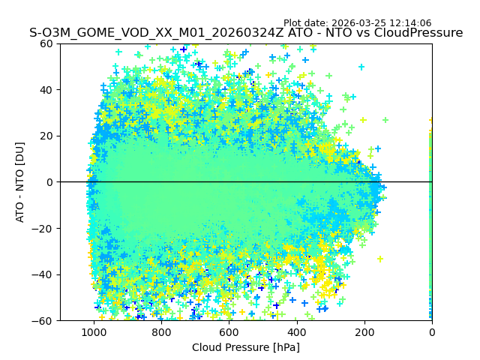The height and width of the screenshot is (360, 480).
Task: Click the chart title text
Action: click(246, 33)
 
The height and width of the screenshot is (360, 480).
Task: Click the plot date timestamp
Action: click(357, 23)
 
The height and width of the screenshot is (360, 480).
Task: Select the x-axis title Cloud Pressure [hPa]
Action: click(246, 347)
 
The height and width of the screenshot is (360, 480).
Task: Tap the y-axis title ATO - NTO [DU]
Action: click(20, 182)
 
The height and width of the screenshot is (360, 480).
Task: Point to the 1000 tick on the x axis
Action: click(94, 332)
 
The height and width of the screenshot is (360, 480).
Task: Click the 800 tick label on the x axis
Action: click(161, 332)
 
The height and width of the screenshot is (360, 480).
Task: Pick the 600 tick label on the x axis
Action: click(229, 332)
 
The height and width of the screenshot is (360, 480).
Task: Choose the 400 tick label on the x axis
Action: click(296, 332)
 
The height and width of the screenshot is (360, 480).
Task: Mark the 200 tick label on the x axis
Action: click(364, 332)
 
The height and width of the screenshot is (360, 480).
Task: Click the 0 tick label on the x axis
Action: click(431, 332)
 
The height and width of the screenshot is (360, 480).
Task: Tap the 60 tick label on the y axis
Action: click(46, 43)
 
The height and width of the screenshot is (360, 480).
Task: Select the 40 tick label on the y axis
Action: click(46, 89)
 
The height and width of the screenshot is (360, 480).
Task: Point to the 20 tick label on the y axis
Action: click(46, 136)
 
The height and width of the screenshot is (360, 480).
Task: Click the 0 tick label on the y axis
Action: click(49, 182)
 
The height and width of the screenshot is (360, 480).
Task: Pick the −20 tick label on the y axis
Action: click(43, 228)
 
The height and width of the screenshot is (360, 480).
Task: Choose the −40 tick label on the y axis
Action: click(43, 274)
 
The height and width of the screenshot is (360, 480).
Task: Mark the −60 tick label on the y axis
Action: click(43, 320)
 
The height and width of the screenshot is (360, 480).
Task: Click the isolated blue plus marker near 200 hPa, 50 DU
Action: click(361, 67)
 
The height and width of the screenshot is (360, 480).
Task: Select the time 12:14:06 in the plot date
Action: click(410, 23)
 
